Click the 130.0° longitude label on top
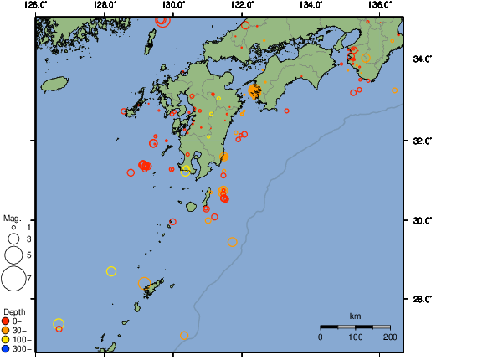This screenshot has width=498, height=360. pyautogui.click(x=173, y=5)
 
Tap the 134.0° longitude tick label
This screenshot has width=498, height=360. pyautogui.click(x=311, y=5)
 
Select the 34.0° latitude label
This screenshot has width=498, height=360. pyautogui.click(x=422, y=59)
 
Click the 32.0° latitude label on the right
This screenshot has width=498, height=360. pyautogui.click(x=422, y=140)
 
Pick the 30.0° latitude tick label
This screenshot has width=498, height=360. pyautogui.click(x=422, y=220)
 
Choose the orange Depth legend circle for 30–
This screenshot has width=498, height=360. pyautogui.click(x=7, y=330)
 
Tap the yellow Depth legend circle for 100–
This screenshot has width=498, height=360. pyautogui.click(x=7, y=339)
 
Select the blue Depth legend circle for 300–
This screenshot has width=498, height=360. pyautogui.click(x=7, y=348)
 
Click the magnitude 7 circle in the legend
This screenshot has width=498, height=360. pyautogui.click(x=13, y=277)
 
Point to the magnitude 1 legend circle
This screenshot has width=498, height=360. pyautogui.click(x=14, y=227)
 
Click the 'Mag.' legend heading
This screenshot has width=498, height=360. pyautogui.click(x=12, y=217)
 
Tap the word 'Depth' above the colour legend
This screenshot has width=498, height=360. pyautogui.click(x=14, y=311)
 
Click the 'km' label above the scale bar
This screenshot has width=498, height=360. pyautogui.click(x=355, y=316)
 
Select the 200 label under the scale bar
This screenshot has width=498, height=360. pyautogui.click(x=389, y=337)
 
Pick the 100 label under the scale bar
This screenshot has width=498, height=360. pyautogui.click(x=355, y=337)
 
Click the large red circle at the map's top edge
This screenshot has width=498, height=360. pyautogui.click(x=162, y=19)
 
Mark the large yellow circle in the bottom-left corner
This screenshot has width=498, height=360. pyautogui.click(x=59, y=324)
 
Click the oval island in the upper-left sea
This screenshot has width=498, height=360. pyautogui.click(x=54, y=84)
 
